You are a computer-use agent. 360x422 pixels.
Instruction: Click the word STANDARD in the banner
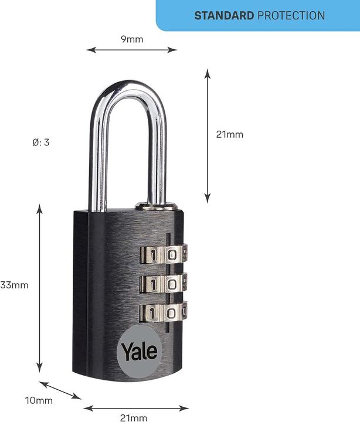tap(224, 16)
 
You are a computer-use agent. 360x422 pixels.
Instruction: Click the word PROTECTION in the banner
tap(291, 16)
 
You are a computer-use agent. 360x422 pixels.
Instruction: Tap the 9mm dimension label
tap(132, 39)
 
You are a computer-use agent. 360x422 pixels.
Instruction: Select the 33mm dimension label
tap(14, 285)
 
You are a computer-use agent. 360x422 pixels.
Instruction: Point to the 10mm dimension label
tap(39, 400)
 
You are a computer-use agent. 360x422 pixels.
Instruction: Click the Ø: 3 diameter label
tap(41, 142)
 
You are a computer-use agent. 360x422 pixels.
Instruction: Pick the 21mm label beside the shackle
tap(230, 134)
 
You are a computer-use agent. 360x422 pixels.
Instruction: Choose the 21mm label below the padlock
tap(134, 418)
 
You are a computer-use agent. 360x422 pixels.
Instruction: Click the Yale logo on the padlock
tap(140, 350)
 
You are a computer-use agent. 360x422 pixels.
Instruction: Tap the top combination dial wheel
tap(164, 254)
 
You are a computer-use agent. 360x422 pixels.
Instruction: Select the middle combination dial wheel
tap(164, 284)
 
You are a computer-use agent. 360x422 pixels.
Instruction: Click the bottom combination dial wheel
tap(164, 312)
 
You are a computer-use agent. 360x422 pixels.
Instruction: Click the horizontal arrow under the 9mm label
tap(132, 50)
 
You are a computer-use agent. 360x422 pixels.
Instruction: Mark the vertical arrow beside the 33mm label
tap(40, 288)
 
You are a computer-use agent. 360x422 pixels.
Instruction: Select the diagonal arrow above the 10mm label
tap(60, 390)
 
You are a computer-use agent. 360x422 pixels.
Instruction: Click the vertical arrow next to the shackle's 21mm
tap(207, 136)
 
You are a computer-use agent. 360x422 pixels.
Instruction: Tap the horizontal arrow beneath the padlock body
tap(136, 409)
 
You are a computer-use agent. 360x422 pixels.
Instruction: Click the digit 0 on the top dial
tap(172, 254)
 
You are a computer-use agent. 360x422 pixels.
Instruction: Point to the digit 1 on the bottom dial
tap(152, 313)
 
